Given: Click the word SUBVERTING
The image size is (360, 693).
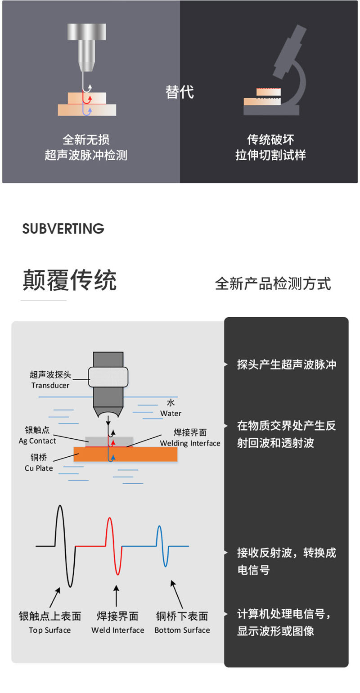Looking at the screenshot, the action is (x=63, y=229).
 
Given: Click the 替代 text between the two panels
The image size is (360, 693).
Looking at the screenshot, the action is (x=180, y=92).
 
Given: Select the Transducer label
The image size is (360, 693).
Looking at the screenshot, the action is (x=50, y=385).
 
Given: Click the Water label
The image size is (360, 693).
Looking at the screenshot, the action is (x=171, y=413).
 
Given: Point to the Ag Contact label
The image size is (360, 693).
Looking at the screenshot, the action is (x=37, y=441).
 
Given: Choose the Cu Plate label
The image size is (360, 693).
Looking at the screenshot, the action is (x=39, y=468).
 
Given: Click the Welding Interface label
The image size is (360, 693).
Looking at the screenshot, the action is (x=190, y=443).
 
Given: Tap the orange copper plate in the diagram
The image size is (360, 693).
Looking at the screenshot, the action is (x=125, y=454).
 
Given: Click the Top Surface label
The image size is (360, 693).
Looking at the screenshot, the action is (x=50, y=630).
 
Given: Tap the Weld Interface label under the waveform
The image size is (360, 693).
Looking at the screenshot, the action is (x=118, y=630).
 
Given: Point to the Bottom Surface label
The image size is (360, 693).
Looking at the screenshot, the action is (x=182, y=630).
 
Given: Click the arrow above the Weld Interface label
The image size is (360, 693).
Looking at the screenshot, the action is (x=116, y=595).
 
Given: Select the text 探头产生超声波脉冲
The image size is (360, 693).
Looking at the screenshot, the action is (x=287, y=364).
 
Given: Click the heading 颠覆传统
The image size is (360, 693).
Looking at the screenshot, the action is (x=70, y=280).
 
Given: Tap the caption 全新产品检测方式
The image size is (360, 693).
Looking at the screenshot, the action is (x=273, y=283).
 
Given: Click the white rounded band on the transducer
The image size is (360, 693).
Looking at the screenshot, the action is (x=108, y=377).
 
